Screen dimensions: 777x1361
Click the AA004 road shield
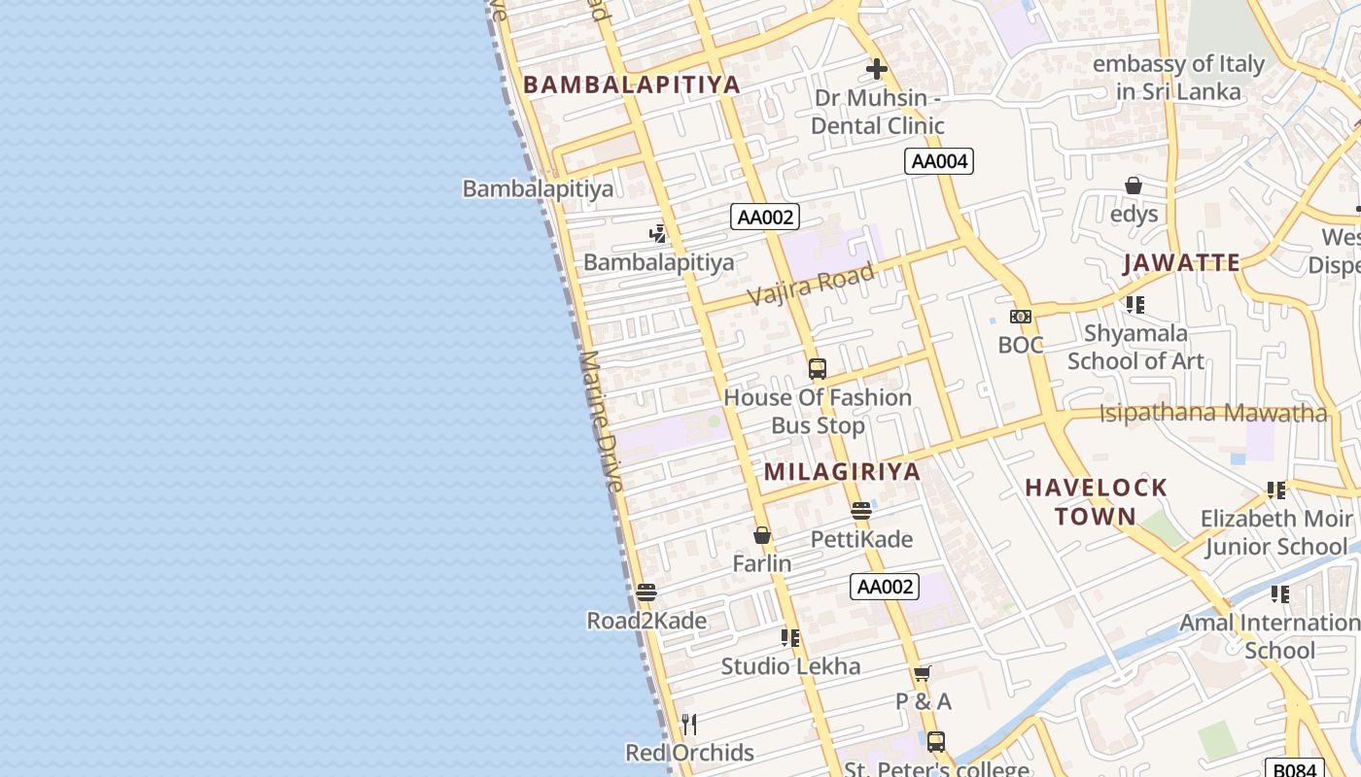click(x=938, y=161)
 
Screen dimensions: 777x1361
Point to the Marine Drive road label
click(x=601, y=420)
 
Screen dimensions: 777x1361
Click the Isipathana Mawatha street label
click(x=1212, y=413)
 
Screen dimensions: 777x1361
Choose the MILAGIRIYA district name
click(x=842, y=472)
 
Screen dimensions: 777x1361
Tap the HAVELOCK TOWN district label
click(x=1096, y=501)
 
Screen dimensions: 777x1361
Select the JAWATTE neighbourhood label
click(x=1181, y=263)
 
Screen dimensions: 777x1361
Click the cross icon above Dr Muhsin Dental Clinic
click(x=877, y=69)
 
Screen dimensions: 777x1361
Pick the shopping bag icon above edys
click(x=1134, y=186)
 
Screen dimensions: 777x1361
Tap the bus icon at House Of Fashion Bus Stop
click(x=818, y=369)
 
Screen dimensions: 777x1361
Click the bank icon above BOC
click(x=1021, y=317)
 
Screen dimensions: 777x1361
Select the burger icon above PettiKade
click(x=860, y=511)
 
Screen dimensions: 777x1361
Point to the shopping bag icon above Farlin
click(x=762, y=535)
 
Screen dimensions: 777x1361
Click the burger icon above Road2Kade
click(x=646, y=592)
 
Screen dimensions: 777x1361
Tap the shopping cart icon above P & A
click(x=923, y=673)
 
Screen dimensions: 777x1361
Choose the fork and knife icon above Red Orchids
click(x=689, y=725)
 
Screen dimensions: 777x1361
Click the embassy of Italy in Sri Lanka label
click(x=1178, y=78)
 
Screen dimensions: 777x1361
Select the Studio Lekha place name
click(x=790, y=666)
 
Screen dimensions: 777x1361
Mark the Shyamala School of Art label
click(x=1135, y=347)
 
